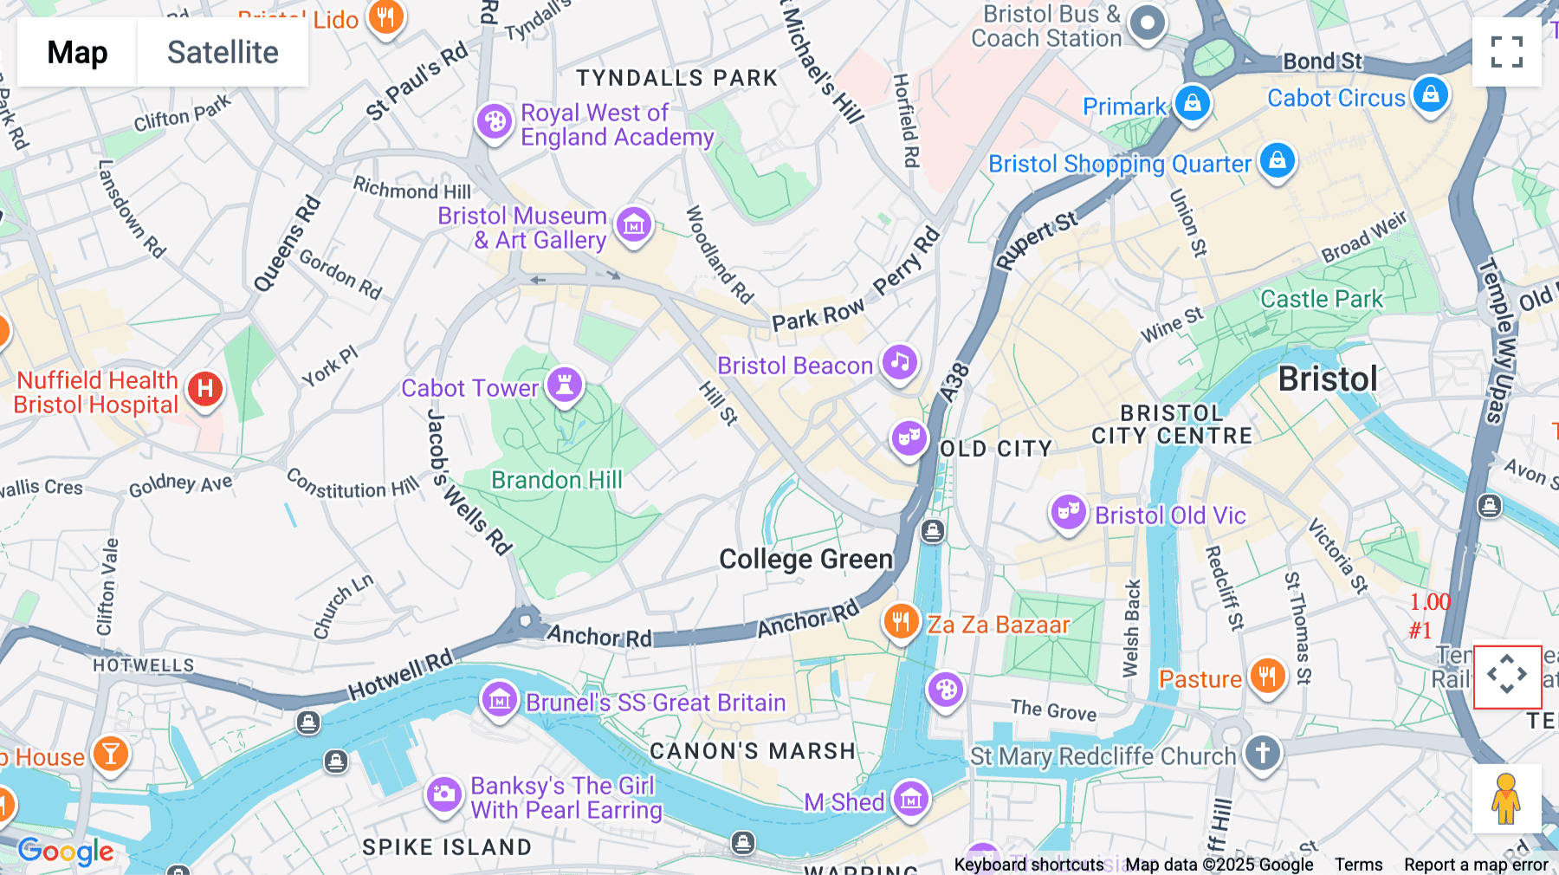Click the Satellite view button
coord(223,53)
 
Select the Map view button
coord(77,53)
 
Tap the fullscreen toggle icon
coord(1506,52)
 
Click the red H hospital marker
coord(205,389)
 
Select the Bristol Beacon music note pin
coord(900,362)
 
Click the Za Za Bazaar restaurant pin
coord(901,621)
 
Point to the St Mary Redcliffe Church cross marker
coord(1262,752)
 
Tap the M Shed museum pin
coord(911,799)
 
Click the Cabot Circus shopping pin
coord(1430,94)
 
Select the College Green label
coord(805,560)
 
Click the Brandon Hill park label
coord(556,480)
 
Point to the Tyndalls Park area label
coord(677,78)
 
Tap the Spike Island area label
coord(447,847)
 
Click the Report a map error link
coord(1476,865)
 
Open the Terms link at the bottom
coord(1358,865)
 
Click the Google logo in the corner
coord(66,852)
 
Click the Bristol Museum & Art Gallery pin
coord(633,225)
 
